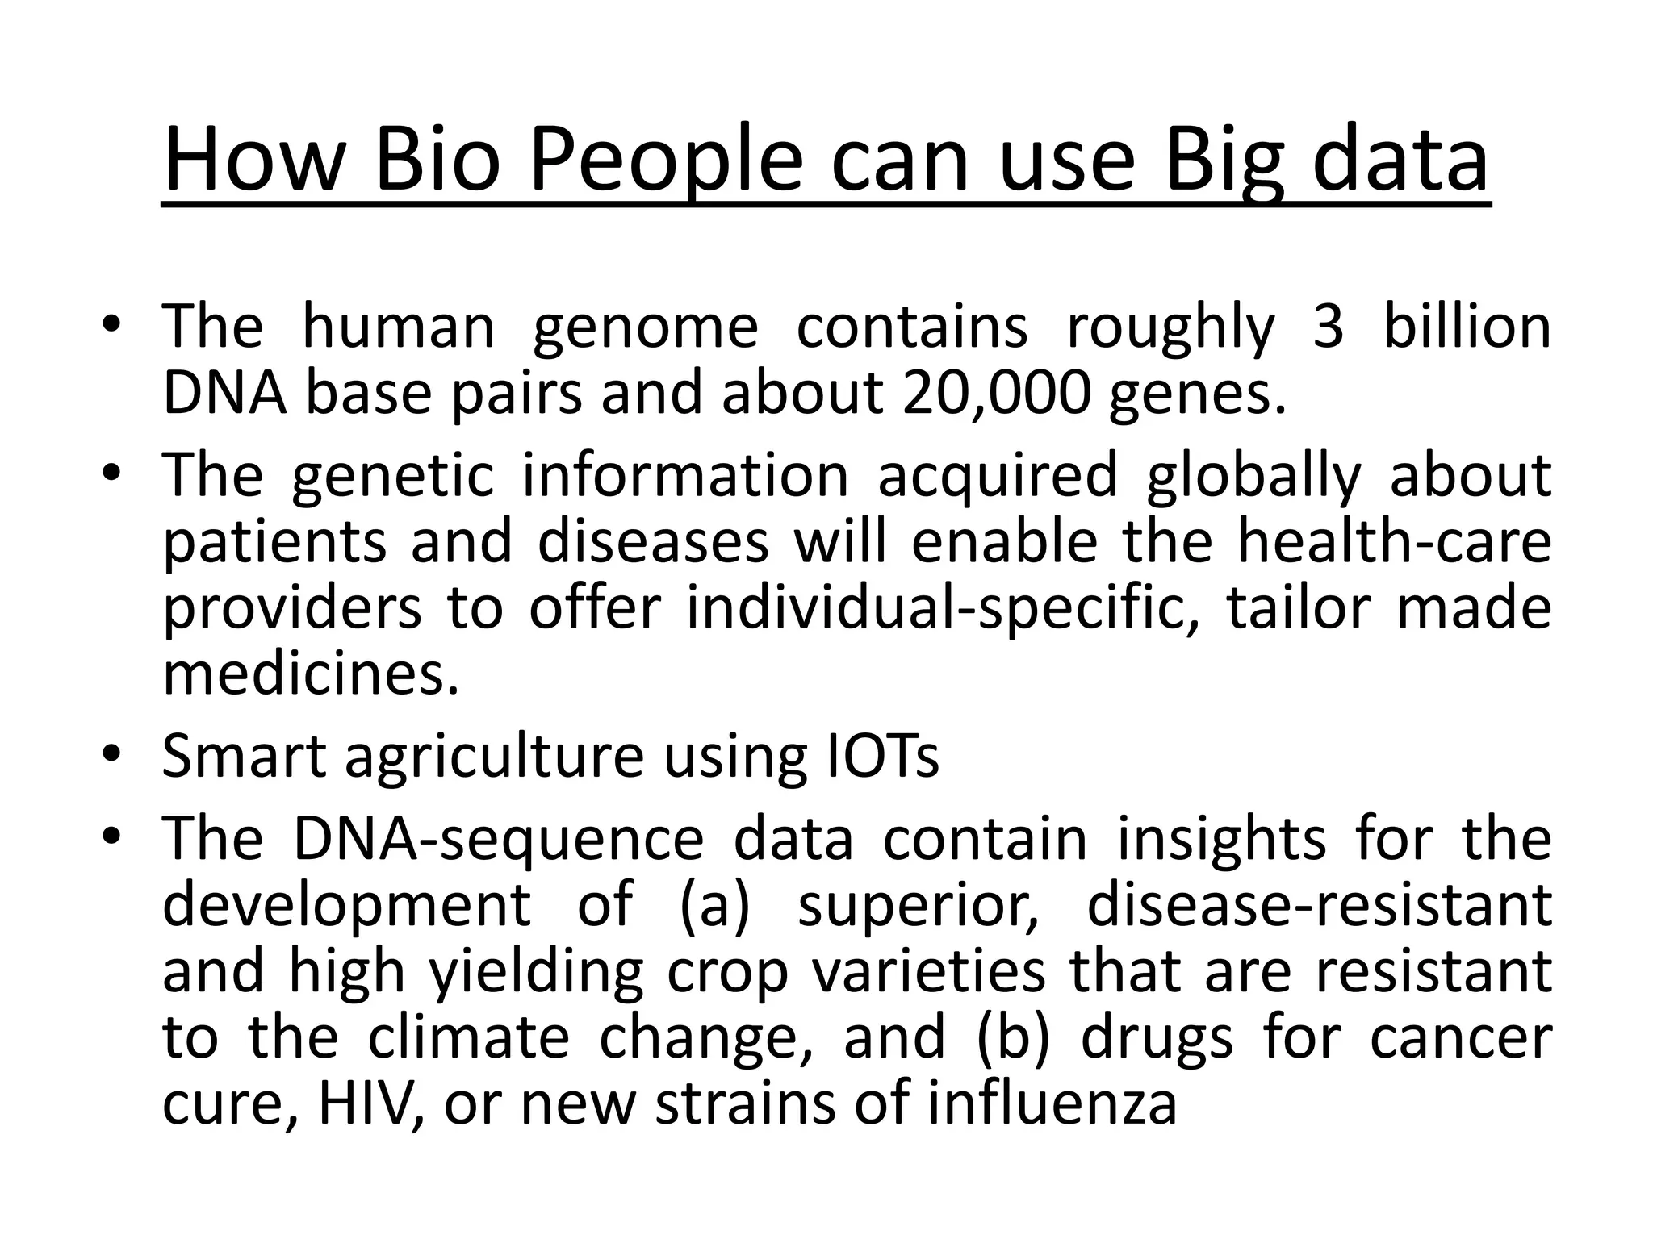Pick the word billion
click(1467, 327)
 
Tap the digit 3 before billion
click(1328, 327)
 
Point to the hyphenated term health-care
click(1394, 542)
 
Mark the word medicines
click(311, 674)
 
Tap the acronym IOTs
click(883, 756)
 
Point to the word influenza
click(1052, 1103)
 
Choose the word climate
click(469, 1038)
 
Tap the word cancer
click(1461, 1038)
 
